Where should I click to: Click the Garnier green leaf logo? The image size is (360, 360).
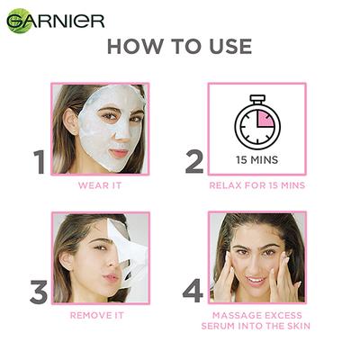click(x=18, y=21)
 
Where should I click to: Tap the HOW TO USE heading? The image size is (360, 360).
click(x=179, y=47)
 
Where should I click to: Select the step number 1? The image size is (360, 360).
click(x=39, y=162)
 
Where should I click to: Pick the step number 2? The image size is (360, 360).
click(x=194, y=162)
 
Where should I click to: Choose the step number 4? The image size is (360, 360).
click(x=193, y=292)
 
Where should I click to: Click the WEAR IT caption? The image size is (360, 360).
click(x=100, y=185)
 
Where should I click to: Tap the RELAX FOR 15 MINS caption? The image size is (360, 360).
click(x=256, y=185)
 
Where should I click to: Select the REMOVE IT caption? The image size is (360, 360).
click(x=100, y=315)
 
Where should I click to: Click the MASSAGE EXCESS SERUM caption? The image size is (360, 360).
click(x=256, y=320)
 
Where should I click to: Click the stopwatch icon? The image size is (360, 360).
click(x=257, y=124)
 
